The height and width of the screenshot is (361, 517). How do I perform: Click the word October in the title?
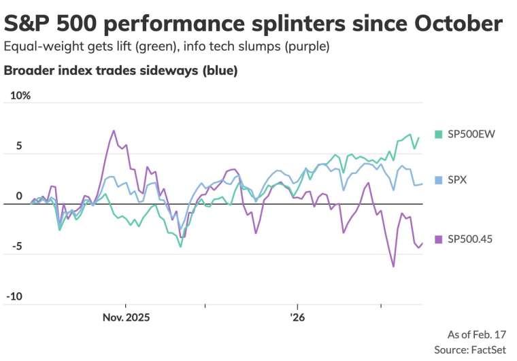click(x=452, y=24)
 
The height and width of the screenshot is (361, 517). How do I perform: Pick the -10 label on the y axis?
click(x=14, y=297)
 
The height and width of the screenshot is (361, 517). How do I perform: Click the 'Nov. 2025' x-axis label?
click(x=126, y=317)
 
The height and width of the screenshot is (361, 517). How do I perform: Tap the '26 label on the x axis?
click(x=297, y=317)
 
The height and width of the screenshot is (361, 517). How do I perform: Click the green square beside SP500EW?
click(x=438, y=133)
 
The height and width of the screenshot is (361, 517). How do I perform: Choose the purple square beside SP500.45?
click(x=438, y=239)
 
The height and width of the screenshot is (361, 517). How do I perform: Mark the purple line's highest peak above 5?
click(x=114, y=131)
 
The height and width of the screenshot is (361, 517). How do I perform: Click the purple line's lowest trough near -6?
click(x=393, y=267)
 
